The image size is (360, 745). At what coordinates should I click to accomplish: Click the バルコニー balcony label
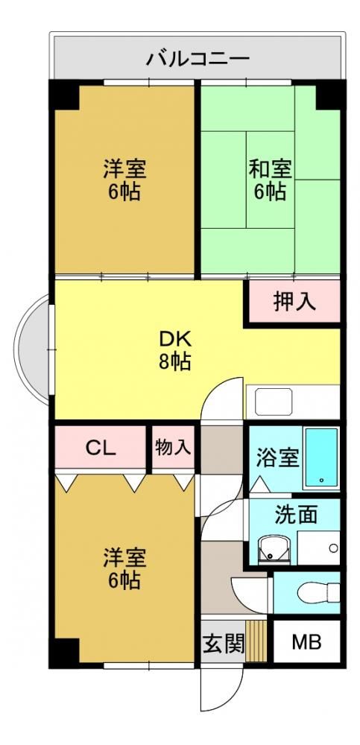(x=198, y=59)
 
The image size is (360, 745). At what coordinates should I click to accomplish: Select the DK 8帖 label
(x=175, y=350)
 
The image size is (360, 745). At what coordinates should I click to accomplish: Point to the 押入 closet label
(x=295, y=302)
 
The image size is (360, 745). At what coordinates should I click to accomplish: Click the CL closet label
(x=101, y=448)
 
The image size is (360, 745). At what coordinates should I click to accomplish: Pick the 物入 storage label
(x=174, y=447)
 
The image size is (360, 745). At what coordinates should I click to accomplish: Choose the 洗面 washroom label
(x=296, y=515)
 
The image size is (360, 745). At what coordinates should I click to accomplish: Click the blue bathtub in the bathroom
(x=322, y=457)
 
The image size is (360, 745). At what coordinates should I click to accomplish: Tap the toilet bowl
(x=318, y=592)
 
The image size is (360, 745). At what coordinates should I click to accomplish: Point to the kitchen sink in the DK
(x=274, y=402)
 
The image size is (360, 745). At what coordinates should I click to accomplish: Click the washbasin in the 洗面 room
(x=274, y=549)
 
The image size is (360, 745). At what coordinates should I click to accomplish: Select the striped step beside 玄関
(x=256, y=641)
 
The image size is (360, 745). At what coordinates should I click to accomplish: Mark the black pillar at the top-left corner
(x=64, y=95)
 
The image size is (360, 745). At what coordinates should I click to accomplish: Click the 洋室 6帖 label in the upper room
(x=124, y=180)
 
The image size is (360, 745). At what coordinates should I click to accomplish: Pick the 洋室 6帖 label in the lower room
(x=124, y=568)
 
